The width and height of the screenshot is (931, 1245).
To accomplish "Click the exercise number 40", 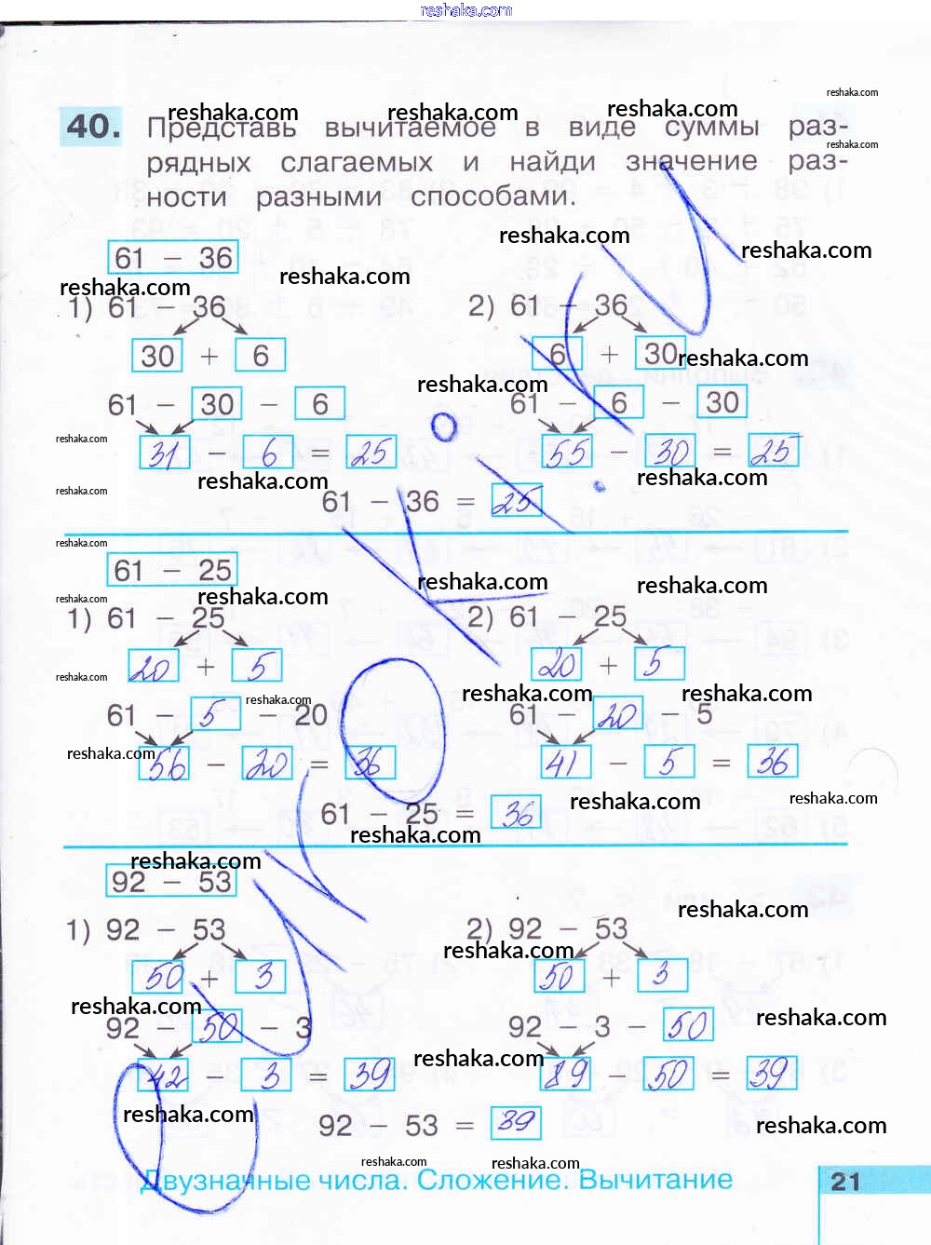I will click(x=93, y=127).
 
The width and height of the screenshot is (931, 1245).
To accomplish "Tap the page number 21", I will click(x=845, y=1182).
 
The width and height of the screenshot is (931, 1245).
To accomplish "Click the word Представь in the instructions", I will click(x=222, y=129).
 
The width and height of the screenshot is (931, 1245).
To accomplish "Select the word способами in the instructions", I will click(x=492, y=196).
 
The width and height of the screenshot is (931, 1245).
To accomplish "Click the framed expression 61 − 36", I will click(x=173, y=258).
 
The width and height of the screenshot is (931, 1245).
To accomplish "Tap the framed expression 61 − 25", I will click(x=173, y=569).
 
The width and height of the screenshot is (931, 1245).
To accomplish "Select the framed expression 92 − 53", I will click(x=172, y=881).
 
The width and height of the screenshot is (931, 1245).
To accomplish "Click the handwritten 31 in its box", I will click(x=165, y=453).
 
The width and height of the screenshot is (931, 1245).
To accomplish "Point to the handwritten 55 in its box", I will click(x=567, y=453).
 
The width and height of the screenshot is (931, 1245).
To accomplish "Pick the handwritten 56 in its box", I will click(x=165, y=765).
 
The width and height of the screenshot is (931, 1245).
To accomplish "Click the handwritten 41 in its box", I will click(x=566, y=763).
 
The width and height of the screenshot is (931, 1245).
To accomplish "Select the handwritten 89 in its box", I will click(x=566, y=1074).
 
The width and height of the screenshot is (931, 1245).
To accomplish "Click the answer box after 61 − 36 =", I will click(x=516, y=502).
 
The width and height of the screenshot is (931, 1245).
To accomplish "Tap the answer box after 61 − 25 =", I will click(x=516, y=813).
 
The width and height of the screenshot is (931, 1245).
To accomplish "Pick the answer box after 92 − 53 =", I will click(x=516, y=1122).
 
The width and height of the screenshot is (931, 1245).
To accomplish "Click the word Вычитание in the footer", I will click(x=655, y=1180).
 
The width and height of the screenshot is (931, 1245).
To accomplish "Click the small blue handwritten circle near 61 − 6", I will click(x=444, y=426).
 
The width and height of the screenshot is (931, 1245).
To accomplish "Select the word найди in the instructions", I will click(x=552, y=162).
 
